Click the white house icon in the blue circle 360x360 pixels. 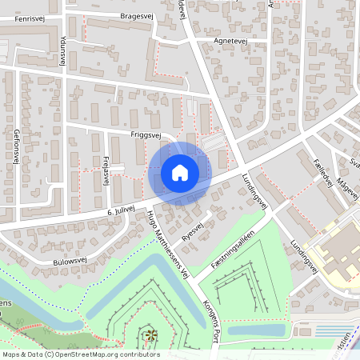point(180,172)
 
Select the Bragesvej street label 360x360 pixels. point(135,15)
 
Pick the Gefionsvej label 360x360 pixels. point(15,145)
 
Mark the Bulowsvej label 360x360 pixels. point(70,260)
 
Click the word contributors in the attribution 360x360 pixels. point(142,354)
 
